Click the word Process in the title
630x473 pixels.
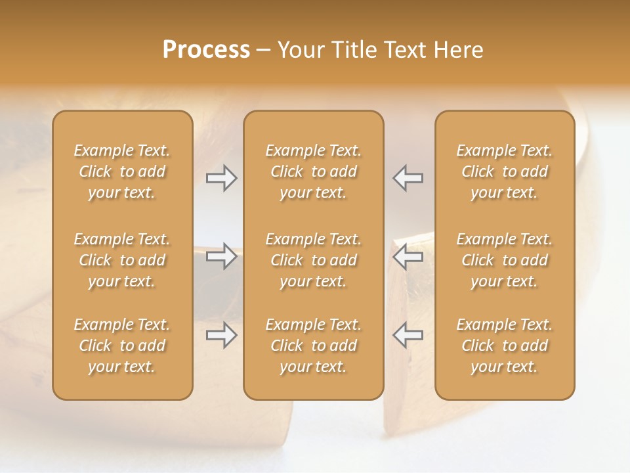tap(206, 50)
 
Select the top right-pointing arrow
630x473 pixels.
tap(222, 178)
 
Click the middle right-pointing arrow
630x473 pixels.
tap(222, 256)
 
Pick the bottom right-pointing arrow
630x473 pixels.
tap(222, 335)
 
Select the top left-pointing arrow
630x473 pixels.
tap(408, 178)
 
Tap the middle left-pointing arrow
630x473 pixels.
tap(408, 256)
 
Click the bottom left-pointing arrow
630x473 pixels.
tap(408, 335)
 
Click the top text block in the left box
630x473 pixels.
tap(122, 171)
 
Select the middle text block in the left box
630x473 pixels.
tap(122, 260)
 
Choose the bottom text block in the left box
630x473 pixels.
tap(122, 346)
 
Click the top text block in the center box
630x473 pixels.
tap(314, 171)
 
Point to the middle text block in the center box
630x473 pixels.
tap(314, 260)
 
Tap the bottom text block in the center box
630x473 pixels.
tap(314, 346)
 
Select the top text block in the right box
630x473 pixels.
tap(505, 171)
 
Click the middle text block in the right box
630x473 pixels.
tap(505, 260)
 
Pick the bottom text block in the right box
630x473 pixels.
tap(505, 346)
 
